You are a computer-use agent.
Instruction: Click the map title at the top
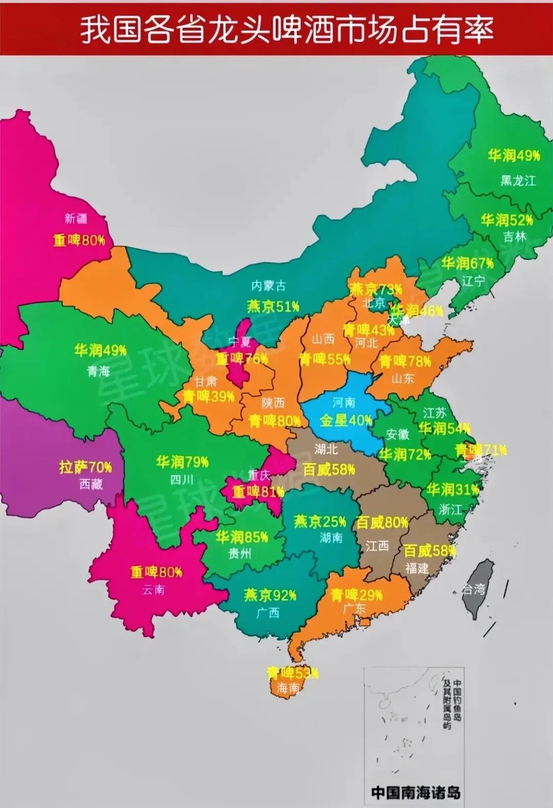coord(287,29)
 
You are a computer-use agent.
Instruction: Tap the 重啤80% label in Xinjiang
coord(79,240)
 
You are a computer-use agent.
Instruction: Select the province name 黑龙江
coord(518,181)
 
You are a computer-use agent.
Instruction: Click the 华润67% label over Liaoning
coord(467,264)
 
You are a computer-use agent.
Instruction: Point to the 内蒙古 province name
coord(268,286)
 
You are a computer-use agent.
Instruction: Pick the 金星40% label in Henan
coord(346,421)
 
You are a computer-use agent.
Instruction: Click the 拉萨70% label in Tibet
coord(86,467)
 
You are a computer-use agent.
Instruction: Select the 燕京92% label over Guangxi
coord(270,595)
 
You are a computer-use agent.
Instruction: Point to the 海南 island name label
coord(288,688)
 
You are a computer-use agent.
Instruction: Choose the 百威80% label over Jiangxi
coord(382,522)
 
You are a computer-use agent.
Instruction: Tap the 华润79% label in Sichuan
coord(182,462)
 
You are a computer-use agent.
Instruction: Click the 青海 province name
coord(98,370)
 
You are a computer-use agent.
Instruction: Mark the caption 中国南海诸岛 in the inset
coord(415,793)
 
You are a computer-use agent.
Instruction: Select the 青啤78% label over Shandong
coord(405,362)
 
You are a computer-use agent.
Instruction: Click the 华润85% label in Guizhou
coord(242,537)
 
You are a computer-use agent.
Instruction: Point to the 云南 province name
coord(153,589)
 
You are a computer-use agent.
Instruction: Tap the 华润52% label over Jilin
coord(506,220)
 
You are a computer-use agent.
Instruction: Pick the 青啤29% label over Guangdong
coord(356,595)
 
